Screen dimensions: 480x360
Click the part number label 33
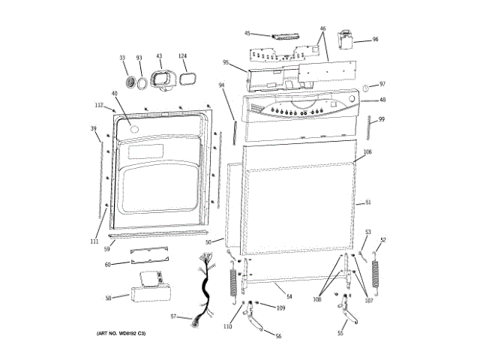pyautogui.click(x=123, y=58)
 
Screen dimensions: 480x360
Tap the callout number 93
pyautogui.click(x=139, y=58)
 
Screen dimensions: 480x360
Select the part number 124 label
pyautogui.click(x=182, y=56)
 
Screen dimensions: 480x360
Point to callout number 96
pyautogui.click(x=375, y=39)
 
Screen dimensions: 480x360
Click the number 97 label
pyautogui.click(x=382, y=84)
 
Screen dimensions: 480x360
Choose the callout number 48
pyautogui.click(x=382, y=100)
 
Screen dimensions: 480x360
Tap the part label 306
pyautogui.click(x=367, y=152)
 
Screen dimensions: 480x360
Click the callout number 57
pyautogui.click(x=173, y=316)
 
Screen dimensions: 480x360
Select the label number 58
pyautogui.click(x=108, y=298)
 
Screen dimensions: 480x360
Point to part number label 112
pyautogui.click(x=98, y=105)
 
